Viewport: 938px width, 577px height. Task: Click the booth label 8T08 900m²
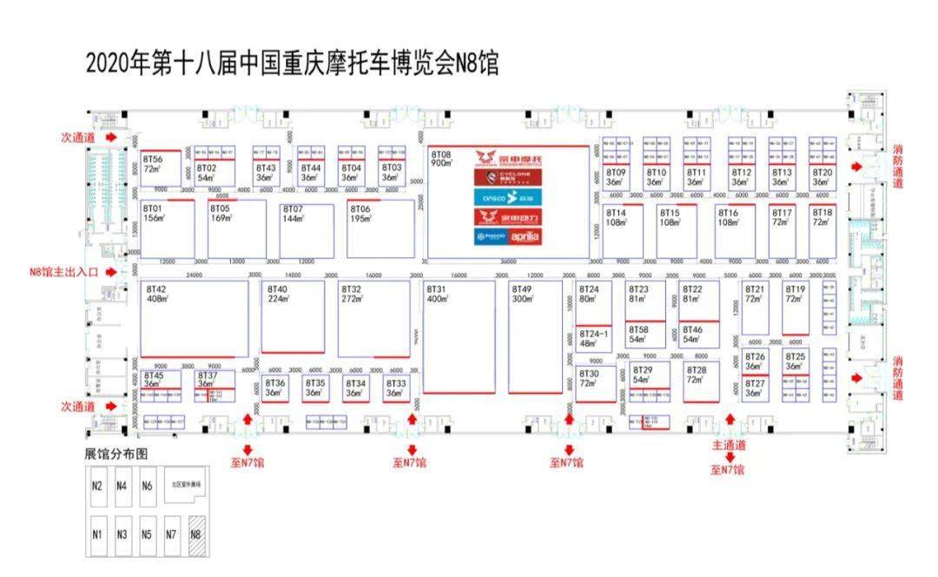click(x=442, y=157)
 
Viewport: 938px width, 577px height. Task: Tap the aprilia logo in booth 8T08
click(x=525, y=236)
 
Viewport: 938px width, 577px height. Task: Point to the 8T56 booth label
click(x=154, y=164)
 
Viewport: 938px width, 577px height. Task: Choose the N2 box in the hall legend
click(x=97, y=487)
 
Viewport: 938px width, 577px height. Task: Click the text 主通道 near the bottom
click(x=729, y=445)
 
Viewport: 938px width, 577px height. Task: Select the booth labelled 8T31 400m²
click(x=436, y=294)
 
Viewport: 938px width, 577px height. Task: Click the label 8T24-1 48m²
click(x=594, y=337)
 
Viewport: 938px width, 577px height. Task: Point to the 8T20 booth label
click(x=822, y=177)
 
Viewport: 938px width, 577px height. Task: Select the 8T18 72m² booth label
click(x=822, y=217)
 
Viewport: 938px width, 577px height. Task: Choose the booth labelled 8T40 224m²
click(x=278, y=294)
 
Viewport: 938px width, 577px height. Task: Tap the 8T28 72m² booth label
click(x=696, y=375)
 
